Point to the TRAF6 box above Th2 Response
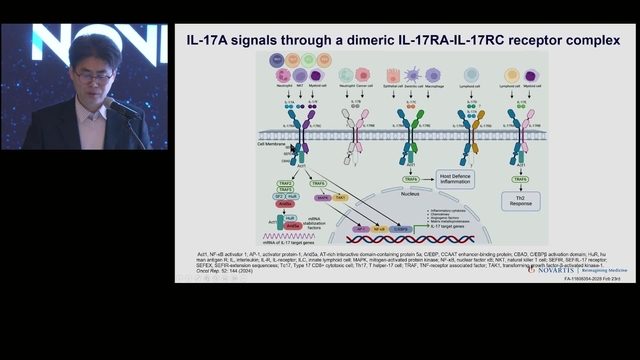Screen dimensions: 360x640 521,178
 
